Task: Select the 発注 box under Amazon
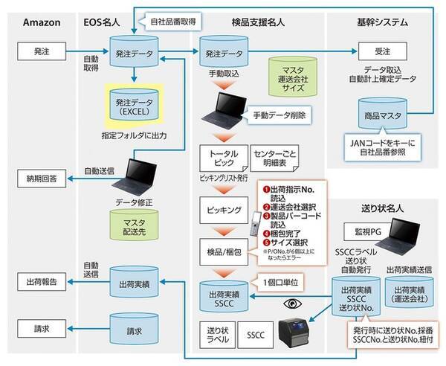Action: coord(42,53)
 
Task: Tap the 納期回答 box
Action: coord(42,179)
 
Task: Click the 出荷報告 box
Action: coord(42,281)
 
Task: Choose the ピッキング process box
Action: coord(222,211)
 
